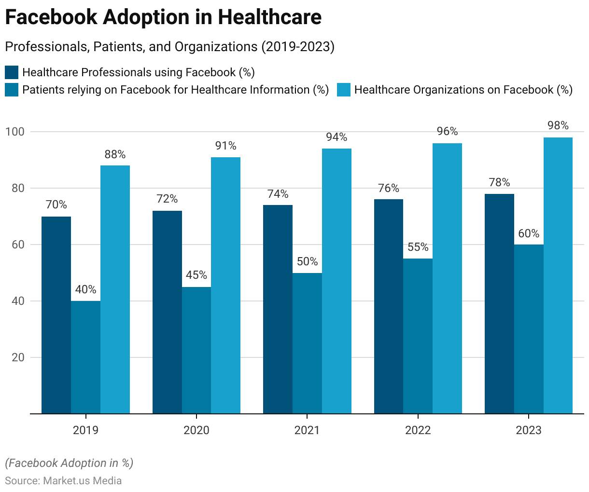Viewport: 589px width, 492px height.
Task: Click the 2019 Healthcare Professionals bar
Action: point(56,315)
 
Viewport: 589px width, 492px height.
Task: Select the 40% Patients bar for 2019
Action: point(85,357)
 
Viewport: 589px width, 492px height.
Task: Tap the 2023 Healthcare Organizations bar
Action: point(558,275)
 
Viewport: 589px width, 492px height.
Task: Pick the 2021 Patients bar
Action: point(307,343)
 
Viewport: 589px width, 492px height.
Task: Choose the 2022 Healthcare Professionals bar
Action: point(389,306)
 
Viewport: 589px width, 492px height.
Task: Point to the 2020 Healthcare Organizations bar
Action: point(225,285)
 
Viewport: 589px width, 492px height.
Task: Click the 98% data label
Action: point(558,126)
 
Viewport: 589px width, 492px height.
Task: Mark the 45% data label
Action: point(196,275)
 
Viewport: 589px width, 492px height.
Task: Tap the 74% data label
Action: point(278,194)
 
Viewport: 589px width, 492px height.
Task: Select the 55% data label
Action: point(418,247)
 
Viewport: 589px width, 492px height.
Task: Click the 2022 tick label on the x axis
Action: point(418,430)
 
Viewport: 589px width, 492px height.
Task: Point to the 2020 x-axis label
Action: point(196,430)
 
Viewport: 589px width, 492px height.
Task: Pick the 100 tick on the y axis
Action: point(14,132)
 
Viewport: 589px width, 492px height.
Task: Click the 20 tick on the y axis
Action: point(18,357)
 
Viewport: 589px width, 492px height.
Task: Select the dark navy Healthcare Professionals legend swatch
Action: point(12,72)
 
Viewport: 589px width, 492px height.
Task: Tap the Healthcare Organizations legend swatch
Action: point(343,90)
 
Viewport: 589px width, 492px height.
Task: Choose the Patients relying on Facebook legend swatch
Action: point(12,90)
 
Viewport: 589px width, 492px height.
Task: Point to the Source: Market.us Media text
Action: point(63,481)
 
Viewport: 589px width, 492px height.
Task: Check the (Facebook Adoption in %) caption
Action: point(69,463)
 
